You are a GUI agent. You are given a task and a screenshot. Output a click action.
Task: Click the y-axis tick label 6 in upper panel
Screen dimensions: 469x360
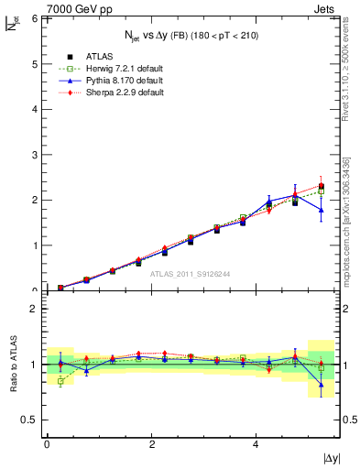[x=36, y=18]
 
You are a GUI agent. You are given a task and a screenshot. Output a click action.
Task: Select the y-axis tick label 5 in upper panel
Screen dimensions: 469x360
[x=36, y=63]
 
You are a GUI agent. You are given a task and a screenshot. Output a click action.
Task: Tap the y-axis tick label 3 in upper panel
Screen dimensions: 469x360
[x=36, y=155]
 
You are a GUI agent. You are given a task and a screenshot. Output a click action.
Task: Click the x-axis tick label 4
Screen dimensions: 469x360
[x=256, y=443]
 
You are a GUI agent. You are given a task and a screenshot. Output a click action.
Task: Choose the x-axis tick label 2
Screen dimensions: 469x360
[x=151, y=443]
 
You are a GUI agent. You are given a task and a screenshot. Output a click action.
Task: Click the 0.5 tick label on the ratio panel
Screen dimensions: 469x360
[x=31, y=420]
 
